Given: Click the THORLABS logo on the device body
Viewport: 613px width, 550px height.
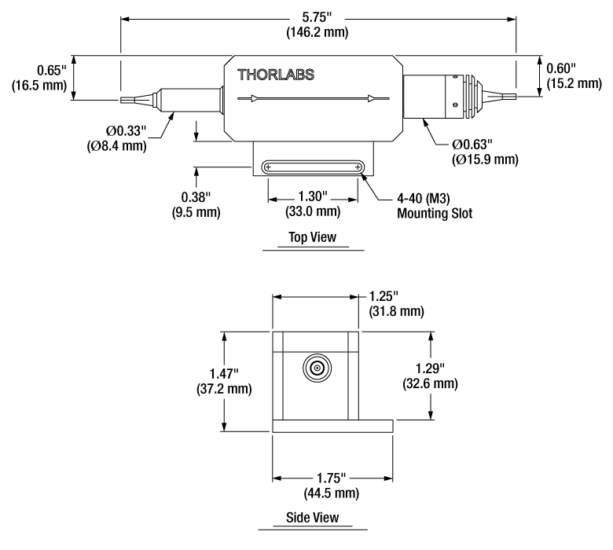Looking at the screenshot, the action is (x=276, y=75).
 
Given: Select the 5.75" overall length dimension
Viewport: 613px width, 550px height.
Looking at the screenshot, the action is (x=317, y=24).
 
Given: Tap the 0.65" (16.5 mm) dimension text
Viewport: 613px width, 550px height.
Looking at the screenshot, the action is (x=39, y=78).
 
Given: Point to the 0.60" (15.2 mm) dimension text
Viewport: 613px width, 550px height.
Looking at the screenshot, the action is (x=574, y=76).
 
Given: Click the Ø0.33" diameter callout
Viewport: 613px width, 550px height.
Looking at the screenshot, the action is (x=116, y=138).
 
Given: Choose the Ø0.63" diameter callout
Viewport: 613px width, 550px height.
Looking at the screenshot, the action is (x=485, y=152).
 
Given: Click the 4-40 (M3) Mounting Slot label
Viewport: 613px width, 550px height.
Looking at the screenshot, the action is (x=435, y=206).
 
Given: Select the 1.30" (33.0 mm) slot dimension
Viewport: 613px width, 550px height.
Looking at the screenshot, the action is (x=313, y=203).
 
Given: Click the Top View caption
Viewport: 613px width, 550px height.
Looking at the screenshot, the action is (x=312, y=236).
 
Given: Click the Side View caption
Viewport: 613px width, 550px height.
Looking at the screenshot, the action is (x=312, y=518).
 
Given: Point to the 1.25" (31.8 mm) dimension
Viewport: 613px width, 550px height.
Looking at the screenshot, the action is (x=396, y=303).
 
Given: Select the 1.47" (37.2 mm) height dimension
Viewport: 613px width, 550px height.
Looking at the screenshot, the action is (x=224, y=381).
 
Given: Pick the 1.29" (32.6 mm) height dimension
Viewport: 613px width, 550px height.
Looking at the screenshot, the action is (x=430, y=376).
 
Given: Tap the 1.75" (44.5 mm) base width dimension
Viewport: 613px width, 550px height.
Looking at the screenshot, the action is (x=332, y=486).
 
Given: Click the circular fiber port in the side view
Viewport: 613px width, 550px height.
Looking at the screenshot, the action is (x=317, y=368).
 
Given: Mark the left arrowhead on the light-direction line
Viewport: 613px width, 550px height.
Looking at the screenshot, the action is (x=255, y=98).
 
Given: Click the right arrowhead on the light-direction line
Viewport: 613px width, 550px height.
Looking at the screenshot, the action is (x=371, y=98).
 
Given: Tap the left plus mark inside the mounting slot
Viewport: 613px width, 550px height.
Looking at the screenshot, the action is (x=268, y=167).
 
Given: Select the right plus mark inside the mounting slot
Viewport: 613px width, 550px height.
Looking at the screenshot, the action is (x=358, y=167).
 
